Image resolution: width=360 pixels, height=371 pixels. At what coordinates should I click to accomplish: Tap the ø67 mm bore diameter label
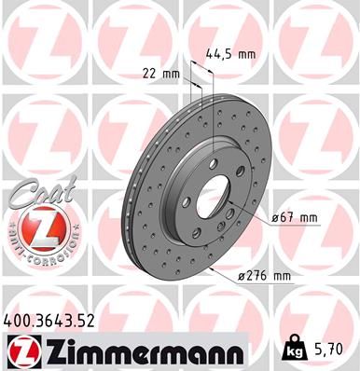[x=296, y=217]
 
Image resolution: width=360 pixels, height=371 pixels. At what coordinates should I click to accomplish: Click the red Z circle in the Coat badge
[x=33, y=233]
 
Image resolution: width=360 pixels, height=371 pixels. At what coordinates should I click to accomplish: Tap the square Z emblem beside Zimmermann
[x=20, y=351]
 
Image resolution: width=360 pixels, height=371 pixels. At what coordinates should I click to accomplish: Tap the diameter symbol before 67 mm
[x=276, y=218]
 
